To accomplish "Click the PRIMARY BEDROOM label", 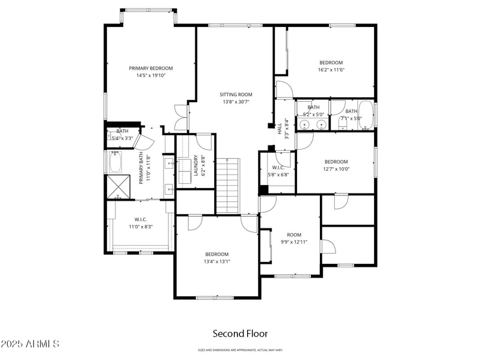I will [151, 68].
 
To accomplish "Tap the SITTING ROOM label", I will [236, 94].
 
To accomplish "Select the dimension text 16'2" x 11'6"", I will [331, 70].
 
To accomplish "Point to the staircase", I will [228, 186].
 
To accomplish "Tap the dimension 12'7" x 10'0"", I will [336, 169].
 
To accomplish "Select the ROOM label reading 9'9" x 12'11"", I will [294, 234].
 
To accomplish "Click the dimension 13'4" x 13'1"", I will [216, 261].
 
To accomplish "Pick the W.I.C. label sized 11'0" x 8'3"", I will [141, 219].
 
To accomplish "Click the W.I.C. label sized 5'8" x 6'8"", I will [278, 168].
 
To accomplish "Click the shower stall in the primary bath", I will [118, 187].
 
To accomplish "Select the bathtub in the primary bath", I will [115, 162].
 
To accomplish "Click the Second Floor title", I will [240, 333].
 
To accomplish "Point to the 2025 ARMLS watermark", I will [30, 344].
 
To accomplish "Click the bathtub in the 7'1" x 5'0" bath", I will [369, 115].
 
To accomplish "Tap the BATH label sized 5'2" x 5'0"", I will [313, 107].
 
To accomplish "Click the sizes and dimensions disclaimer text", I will [240, 350].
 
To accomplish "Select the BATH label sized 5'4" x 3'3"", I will [123, 131].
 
